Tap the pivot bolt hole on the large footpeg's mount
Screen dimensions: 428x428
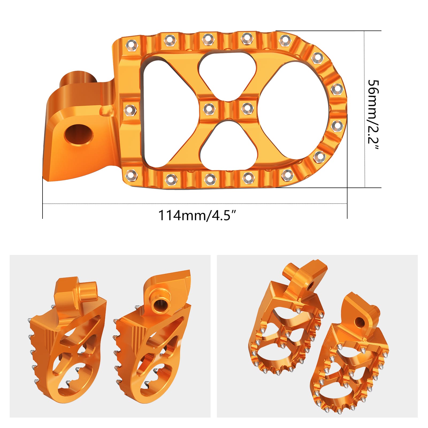click(x=79, y=134)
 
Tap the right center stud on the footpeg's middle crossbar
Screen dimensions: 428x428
click(x=247, y=109)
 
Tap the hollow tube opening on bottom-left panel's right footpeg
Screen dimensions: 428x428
click(x=160, y=303)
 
